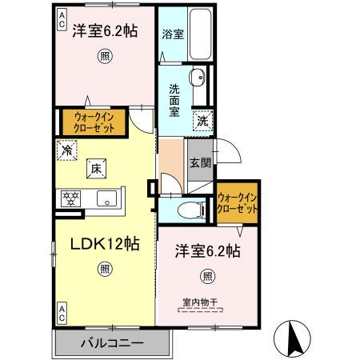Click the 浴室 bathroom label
[x=174, y=35]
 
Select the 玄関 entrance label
[x=199, y=163]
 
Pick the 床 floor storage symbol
[x=94, y=168]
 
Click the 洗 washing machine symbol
[x=203, y=122]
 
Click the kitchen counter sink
[x=106, y=198]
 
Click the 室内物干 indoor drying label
[x=200, y=303]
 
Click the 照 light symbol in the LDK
[x=106, y=270]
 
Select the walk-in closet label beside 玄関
[x=238, y=202]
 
